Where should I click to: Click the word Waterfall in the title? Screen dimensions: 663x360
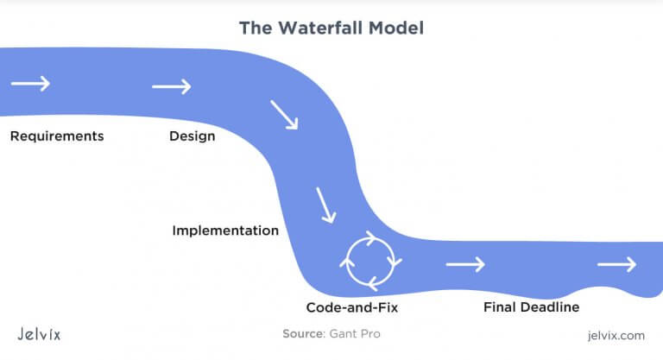pos(320,28)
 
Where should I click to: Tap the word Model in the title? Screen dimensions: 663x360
pos(396,28)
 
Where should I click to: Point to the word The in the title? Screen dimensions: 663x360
pos(256,28)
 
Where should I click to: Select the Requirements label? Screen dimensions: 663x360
pos(57,136)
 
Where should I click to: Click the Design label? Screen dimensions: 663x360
pos(193,136)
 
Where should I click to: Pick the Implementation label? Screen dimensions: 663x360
pos(225,231)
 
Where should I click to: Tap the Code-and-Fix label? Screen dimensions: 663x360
pos(352,307)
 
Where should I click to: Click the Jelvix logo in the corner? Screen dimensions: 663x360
pos(39,334)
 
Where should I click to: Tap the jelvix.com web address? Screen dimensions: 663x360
pos(616,336)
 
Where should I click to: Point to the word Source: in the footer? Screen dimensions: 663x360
pos(304,334)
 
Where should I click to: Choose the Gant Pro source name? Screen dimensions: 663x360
pos(355,334)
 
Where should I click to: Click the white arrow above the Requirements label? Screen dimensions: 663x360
pos(30,84)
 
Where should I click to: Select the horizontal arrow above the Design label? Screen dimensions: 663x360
pos(172,86)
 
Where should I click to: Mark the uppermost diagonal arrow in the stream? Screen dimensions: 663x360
pos(284,115)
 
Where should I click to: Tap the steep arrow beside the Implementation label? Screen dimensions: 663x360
pos(326,205)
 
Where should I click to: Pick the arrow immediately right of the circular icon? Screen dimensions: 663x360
pos(465,264)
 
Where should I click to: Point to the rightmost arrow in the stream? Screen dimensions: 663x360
pos(617,264)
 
